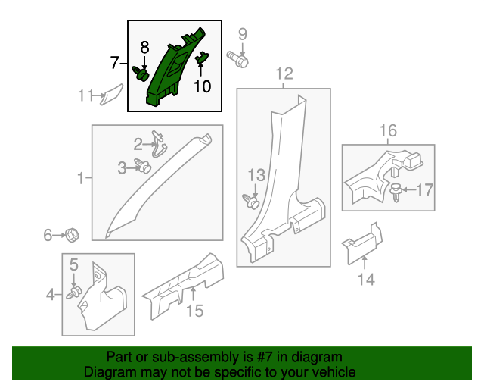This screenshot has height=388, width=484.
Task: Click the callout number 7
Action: coord(115,61)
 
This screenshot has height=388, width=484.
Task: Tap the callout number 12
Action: coord(284,74)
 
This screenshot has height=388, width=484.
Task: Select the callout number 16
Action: coord(387,132)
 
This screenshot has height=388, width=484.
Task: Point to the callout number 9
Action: coord(243,34)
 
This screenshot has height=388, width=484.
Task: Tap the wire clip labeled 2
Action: coord(159,141)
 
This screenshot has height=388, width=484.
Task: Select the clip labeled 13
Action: coord(251,201)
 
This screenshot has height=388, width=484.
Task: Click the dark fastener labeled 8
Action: coord(141,74)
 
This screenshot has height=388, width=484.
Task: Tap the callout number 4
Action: coord(51,294)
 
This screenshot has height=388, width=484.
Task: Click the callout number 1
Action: coord(80,178)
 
